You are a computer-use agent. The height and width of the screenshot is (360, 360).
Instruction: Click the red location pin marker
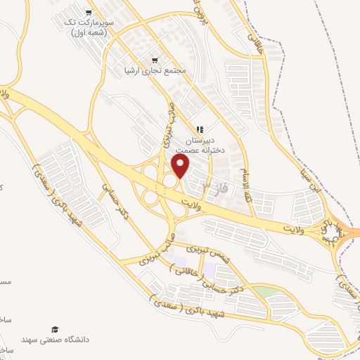181,166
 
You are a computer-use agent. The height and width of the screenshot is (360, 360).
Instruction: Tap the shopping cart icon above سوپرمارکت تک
88,13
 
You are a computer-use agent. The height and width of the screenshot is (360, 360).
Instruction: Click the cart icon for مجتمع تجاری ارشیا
155,60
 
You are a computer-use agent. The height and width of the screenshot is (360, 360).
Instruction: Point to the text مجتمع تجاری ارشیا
154,70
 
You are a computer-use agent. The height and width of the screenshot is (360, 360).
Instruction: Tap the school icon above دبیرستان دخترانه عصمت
200,129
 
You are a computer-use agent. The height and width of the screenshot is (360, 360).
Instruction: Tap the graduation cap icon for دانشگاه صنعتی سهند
55,328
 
